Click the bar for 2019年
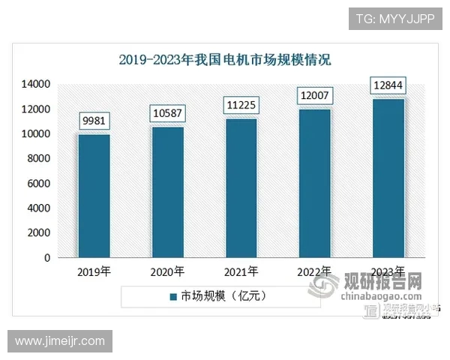(94, 196)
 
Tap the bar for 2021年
(241, 188)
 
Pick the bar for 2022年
(315, 183)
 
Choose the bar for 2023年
(388, 178)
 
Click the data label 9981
(94, 121)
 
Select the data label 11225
(241, 106)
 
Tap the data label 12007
(315, 97)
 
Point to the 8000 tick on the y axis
(38, 158)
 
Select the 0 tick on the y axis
(47, 257)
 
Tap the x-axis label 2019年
(94, 271)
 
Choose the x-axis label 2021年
(241, 271)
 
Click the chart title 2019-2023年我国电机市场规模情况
(225, 59)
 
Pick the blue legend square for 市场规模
(172, 296)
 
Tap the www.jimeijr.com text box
(60, 341)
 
